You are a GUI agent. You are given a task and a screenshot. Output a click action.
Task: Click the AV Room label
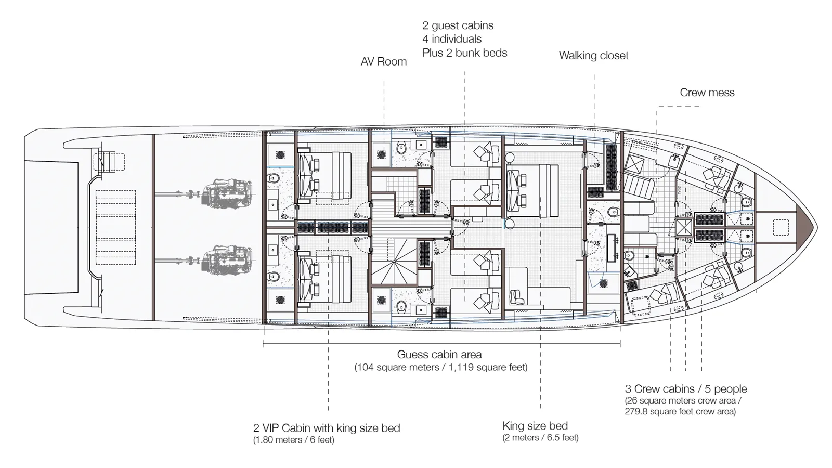click(x=383, y=62)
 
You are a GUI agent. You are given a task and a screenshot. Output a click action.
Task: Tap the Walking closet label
click(x=593, y=56)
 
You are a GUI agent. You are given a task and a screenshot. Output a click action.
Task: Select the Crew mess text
click(x=707, y=93)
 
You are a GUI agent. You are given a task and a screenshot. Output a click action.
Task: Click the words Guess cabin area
click(x=439, y=355)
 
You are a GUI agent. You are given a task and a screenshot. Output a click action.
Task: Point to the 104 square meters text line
click(x=440, y=368)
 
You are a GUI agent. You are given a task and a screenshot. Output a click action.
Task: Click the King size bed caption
click(x=535, y=426)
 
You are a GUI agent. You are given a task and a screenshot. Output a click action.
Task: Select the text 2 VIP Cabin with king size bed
click(x=327, y=428)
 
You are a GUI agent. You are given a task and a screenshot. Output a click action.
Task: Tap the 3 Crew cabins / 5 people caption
click(x=685, y=389)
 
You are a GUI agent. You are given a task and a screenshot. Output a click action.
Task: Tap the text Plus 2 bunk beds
click(x=464, y=53)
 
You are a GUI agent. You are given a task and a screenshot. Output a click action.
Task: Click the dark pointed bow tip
click(x=808, y=227)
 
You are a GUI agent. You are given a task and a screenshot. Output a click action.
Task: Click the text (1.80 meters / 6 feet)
click(x=293, y=440)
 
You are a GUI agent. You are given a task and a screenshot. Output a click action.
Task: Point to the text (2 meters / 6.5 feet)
click(x=540, y=438)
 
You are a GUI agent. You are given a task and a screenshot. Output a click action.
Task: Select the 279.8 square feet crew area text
click(x=680, y=412)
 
